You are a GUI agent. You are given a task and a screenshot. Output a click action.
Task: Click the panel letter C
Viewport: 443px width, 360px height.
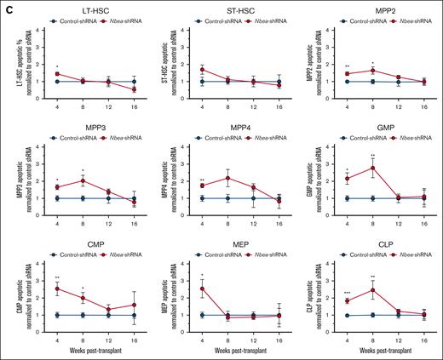pyautogui.click(x=6, y=6)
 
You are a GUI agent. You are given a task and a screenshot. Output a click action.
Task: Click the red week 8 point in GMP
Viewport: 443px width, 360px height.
pyautogui.click(x=372, y=168)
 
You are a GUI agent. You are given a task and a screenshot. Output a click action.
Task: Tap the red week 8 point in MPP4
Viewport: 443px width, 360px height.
pyautogui.click(x=227, y=178)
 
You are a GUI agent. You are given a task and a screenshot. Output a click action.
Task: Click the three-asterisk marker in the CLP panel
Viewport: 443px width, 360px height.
pyautogui.click(x=347, y=293)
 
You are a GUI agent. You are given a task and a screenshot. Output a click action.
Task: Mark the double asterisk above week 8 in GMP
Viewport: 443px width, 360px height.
pyautogui.click(x=372, y=156)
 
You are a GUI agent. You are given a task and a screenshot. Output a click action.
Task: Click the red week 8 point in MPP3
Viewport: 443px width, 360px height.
pyautogui.click(x=82, y=180)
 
